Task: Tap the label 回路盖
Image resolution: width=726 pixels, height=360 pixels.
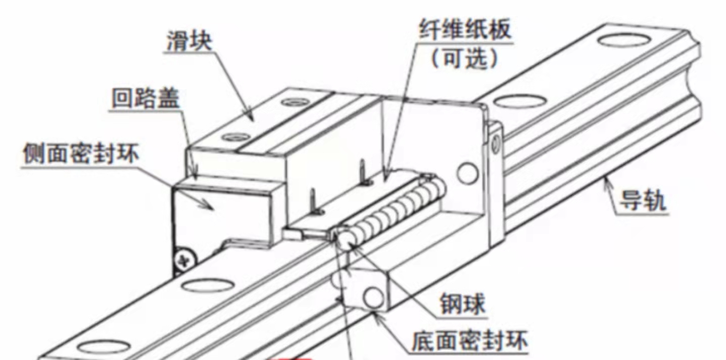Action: click(x=146, y=100)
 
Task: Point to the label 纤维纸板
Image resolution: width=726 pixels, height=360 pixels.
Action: click(x=464, y=30)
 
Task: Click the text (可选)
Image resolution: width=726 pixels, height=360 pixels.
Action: click(x=464, y=60)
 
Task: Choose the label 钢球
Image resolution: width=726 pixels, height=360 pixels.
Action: click(x=462, y=305)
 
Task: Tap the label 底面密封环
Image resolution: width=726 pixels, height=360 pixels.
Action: click(x=470, y=342)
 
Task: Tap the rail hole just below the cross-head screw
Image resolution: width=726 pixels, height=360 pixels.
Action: click(x=202, y=286)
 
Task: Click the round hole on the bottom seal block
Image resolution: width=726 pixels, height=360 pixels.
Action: click(x=374, y=297)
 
